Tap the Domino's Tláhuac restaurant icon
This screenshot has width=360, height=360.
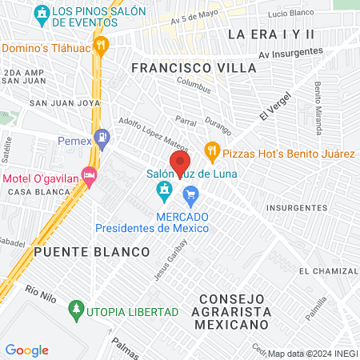pyautogui.click(x=101, y=45)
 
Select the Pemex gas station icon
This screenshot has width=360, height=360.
pyautogui.click(x=102, y=138)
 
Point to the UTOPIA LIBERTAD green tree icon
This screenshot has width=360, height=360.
pyautogui.click(x=77, y=308)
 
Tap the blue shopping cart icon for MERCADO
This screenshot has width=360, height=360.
pyautogui.click(x=190, y=194)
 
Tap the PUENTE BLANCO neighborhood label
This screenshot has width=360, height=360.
pyautogui.click(x=92, y=252)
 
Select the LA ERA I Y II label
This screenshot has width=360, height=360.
pyautogui.click(x=271, y=34)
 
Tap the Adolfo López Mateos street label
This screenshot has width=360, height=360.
pyautogui.click(x=142, y=130)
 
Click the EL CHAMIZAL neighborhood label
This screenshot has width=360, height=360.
pyautogui.click(x=327, y=272)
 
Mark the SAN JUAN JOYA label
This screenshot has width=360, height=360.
pyautogui.click(x=57, y=103)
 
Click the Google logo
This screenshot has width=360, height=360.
pyautogui.click(x=26, y=350)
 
